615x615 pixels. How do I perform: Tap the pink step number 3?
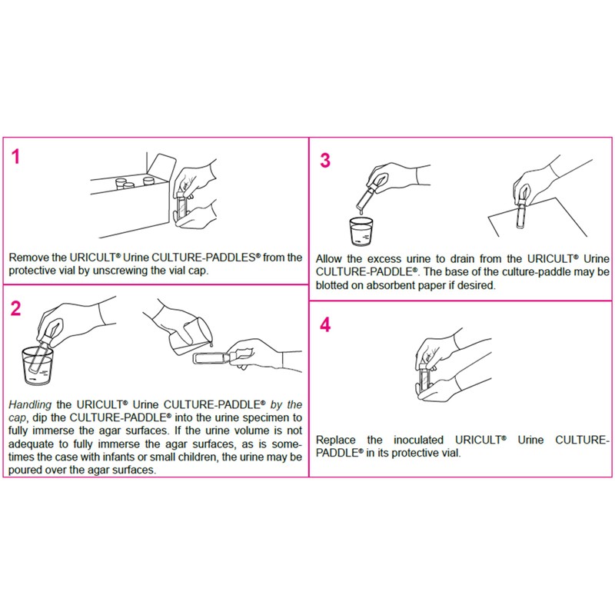(x=325, y=160)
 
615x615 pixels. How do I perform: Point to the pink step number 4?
(x=325, y=324)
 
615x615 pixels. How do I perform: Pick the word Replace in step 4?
(x=337, y=440)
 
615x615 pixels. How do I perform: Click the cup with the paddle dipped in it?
(x=38, y=366)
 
